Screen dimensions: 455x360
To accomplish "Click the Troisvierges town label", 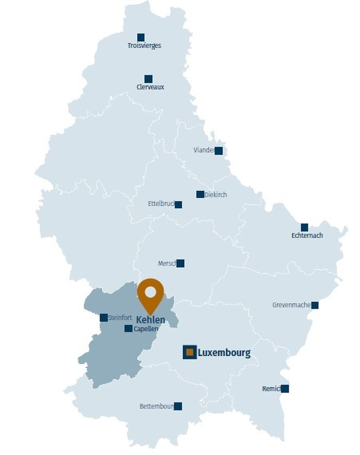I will pyautogui.click(x=144, y=46).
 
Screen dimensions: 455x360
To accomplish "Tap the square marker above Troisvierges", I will pyautogui.click(x=141, y=37).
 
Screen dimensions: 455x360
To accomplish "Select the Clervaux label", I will pyautogui.click(x=150, y=87).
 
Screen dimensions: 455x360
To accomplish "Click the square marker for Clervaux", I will pyautogui.click(x=149, y=79).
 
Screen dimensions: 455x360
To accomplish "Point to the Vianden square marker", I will pyautogui.click(x=219, y=151).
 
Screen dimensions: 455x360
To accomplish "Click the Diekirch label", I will pyautogui.click(x=216, y=195).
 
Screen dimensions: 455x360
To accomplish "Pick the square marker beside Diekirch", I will pyautogui.click(x=200, y=195).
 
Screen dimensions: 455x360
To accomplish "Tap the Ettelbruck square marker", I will pyautogui.click(x=178, y=204).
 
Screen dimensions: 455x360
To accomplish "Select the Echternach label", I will pyautogui.click(x=307, y=236).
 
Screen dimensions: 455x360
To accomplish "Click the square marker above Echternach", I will pyautogui.click(x=304, y=227).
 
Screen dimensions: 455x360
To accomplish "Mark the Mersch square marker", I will pyautogui.click(x=180, y=264).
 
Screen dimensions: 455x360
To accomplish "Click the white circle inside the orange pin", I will pyautogui.click(x=150, y=292).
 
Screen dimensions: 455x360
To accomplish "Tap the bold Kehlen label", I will pyautogui.click(x=151, y=320).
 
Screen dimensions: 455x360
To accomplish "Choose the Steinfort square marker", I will pyautogui.click(x=104, y=318).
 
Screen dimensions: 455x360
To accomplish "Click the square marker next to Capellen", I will pyautogui.click(x=129, y=328).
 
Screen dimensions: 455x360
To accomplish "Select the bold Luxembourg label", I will pyautogui.click(x=224, y=353).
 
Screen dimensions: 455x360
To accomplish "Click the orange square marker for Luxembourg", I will pyautogui.click(x=189, y=353).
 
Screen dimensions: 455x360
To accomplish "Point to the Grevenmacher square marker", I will pyautogui.click(x=315, y=305).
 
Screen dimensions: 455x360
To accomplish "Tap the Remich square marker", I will pyautogui.click(x=284, y=389).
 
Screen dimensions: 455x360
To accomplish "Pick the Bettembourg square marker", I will pyautogui.click(x=178, y=406).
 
